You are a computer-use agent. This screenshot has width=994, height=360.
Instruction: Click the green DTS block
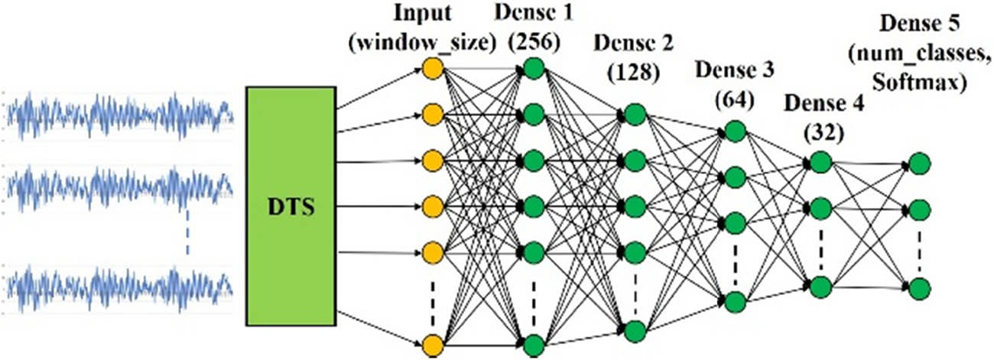tap(291, 206)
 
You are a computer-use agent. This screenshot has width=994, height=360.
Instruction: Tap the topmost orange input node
tap(433, 69)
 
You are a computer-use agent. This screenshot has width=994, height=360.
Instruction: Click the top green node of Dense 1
tap(534, 69)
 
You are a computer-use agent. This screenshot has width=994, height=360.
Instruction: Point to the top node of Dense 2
tap(635, 115)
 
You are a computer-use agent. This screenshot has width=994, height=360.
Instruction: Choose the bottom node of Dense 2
tap(635, 331)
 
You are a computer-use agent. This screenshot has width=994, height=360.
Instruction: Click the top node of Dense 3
tap(736, 131)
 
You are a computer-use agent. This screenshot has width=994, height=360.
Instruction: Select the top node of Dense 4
tap(820, 163)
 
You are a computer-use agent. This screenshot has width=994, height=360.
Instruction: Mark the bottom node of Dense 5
tap(919, 289)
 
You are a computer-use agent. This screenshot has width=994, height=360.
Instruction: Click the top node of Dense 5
tap(919, 164)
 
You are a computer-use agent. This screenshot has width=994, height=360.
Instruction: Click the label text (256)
tap(534, 43)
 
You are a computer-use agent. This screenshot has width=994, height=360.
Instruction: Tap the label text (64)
tap(735, 100)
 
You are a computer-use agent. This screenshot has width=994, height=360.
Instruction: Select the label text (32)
tap(824, 133)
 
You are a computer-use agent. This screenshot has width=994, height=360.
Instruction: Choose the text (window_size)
tap(422, 44)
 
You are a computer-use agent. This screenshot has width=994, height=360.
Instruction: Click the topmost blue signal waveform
tap(120, 115)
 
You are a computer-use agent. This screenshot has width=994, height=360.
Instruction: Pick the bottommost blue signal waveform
tap(120, 289)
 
